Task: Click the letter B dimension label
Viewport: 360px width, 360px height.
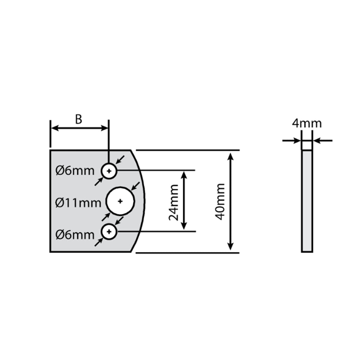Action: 78,120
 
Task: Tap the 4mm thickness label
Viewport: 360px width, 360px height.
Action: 307,123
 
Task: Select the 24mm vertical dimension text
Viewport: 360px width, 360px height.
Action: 174,202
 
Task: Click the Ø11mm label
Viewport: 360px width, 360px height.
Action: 78,203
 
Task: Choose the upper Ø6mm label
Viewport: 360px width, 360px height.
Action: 75,171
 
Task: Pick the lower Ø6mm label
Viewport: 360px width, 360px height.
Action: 75,235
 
